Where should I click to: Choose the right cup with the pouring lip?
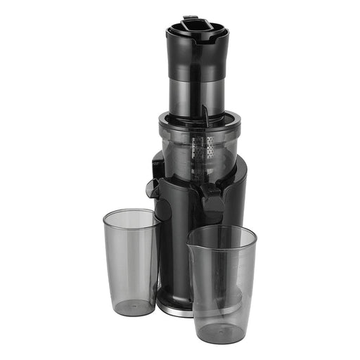[x=221, y=281]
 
